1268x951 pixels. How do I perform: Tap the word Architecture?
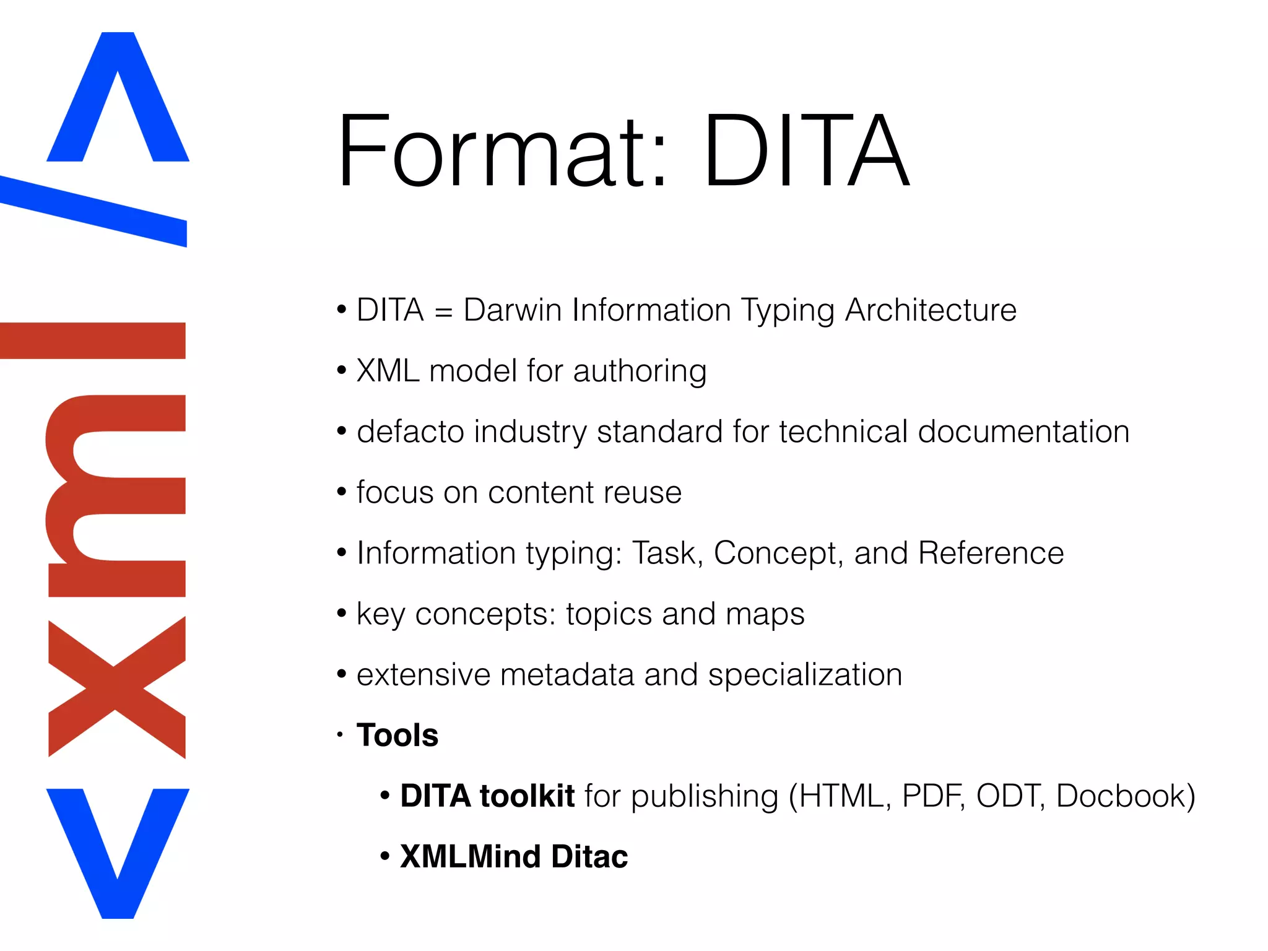930,310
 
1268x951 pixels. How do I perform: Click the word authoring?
640,371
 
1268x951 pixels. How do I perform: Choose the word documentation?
1023,432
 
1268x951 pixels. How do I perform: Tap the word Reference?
990,553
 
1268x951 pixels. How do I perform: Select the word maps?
765,614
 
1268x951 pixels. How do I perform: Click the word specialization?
804,675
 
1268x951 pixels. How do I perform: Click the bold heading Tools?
397,736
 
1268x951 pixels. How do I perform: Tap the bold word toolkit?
527,796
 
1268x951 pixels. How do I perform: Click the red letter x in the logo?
116,687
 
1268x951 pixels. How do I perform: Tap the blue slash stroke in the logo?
93,211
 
